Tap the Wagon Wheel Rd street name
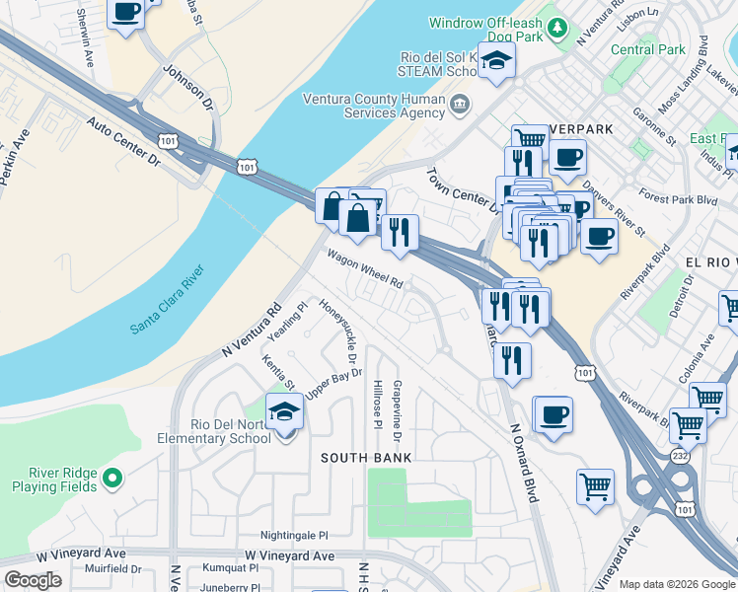click(x=366, y=267)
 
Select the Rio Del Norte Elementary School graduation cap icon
click(x=284, y=411)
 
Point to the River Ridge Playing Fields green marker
click(x=112, y=480)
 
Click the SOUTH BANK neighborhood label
click(x=366, y=458)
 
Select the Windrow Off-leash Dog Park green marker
click(x=558, y=28)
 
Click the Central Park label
click(x=647, y=49)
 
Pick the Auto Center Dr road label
click(x=123, y=140)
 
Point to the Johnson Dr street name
click(x=187, y=87)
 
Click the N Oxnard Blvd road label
click(x=523, y=464)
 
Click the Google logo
click(x=33, y=580)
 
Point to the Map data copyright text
click(x=677, y=584)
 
